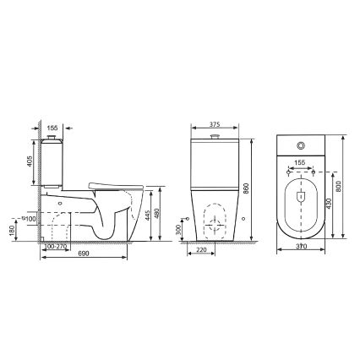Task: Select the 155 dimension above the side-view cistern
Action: click(52, 120)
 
